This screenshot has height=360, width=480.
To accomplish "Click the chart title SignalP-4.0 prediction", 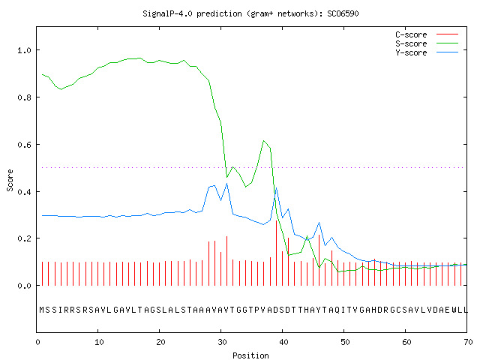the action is [x=192, y=13].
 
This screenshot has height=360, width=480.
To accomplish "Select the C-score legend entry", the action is [x=427, y=34].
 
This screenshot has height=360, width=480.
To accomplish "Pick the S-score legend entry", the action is [x=427, y=43].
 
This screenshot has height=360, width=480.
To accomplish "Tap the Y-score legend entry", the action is [x=427, y=52].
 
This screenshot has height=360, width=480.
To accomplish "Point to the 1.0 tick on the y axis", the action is [x=25, y=50].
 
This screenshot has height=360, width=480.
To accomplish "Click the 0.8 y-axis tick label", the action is [x=25, y=97].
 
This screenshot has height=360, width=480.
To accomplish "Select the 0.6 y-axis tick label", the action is [x=25, y=145].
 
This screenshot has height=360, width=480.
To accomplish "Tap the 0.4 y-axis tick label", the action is [x=25, y=192].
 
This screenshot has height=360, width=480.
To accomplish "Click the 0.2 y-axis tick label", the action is [x=25, y=238].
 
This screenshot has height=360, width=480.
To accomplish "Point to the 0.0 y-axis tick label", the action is [x=25, y=286].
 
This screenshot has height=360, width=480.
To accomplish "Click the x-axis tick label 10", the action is [x=99, y=342].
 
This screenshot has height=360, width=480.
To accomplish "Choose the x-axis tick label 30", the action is [x=222, y=342].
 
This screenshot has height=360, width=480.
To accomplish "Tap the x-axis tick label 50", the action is [x=345, y=342].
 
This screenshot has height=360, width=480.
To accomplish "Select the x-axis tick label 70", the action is [x=468, y=342].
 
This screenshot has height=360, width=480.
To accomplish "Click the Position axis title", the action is [x=250, y=355].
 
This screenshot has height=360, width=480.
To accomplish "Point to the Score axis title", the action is [x=10, y=180].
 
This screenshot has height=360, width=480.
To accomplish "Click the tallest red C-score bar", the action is [x=277, y=253].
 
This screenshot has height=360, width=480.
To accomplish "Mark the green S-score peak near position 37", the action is [x=263, y=141].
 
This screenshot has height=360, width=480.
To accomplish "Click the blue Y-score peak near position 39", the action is [x=276, y=188].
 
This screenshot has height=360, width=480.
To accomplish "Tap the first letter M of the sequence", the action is [x=42, y=310].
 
